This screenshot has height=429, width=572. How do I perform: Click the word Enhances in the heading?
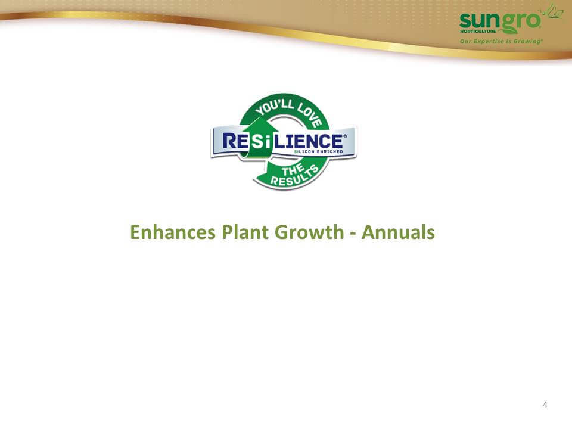click(x=173, y=232)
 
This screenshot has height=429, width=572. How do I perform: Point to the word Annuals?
click(x=398, y=232)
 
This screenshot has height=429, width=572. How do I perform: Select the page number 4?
click(x=545, y=405)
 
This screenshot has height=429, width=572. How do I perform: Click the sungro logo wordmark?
click(x=499, y=21)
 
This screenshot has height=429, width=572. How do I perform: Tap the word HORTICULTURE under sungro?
click(x=478, y=32)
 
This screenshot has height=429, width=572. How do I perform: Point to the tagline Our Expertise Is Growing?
click(x=501, y=41)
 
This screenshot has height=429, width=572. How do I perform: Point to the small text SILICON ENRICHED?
click(x=318, y=151)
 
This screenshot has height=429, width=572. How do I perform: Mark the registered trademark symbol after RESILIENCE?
click(x=345, y=136)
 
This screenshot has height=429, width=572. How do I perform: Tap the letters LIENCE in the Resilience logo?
click(x=309, y=141)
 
